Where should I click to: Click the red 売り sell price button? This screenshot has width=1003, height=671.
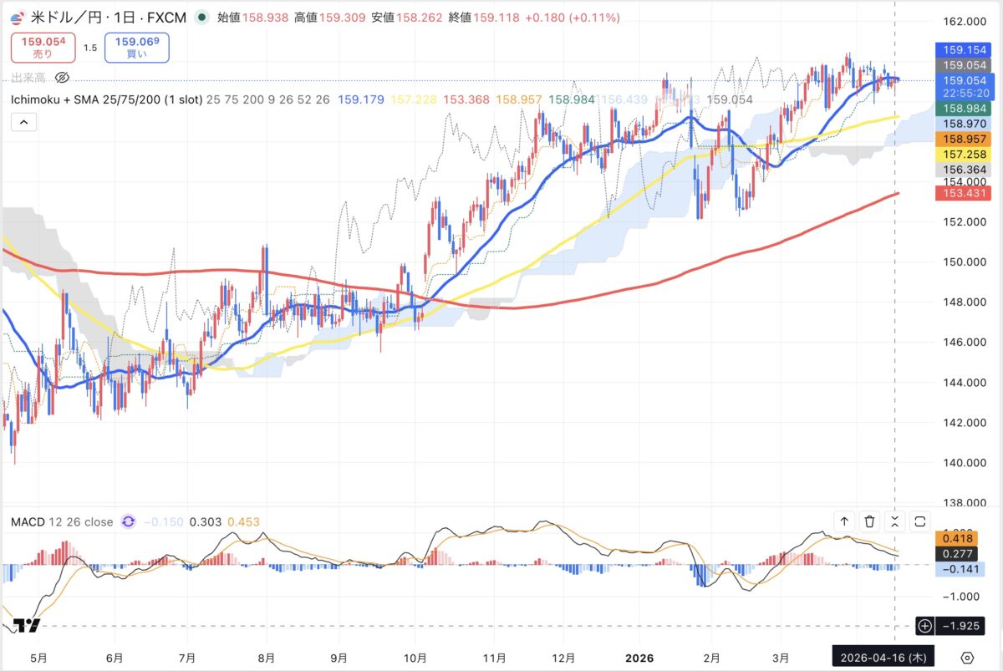tap(43, 47)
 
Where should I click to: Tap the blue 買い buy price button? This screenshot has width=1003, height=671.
tap(137, 47)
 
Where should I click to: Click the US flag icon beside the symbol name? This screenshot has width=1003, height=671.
tap(17, 17)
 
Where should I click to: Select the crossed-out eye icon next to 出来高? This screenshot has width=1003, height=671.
tap(62, 78)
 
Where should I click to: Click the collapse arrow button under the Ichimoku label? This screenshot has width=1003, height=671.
tap(23, 123)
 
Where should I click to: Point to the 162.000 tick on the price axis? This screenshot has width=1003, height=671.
tap(957, 22)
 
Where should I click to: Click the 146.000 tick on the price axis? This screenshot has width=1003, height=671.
tap(957, 342)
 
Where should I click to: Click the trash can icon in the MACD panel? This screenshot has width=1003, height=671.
tap(869, 521)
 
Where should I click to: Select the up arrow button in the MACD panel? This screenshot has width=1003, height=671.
tap(844, 521)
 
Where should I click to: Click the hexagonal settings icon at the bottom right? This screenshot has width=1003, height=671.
tap(968, 657)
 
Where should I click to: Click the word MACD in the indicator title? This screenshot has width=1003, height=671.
tap(28, 521)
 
